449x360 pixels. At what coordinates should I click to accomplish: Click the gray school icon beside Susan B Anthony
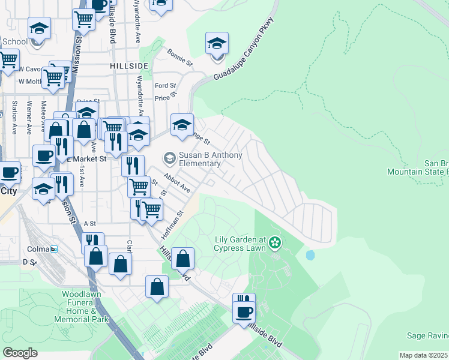(x=169, y=158)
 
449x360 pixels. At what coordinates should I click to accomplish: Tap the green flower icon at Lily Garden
(x=275, y=242)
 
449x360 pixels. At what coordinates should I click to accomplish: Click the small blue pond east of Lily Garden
(x=310, y=255)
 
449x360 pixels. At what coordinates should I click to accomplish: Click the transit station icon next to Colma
(x=54, y=249)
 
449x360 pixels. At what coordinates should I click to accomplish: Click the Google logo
(x=20, y=352)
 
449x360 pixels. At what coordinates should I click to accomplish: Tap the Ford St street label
(x=165, y=86)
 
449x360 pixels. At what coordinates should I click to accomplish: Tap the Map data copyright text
(x=423, y=355)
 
